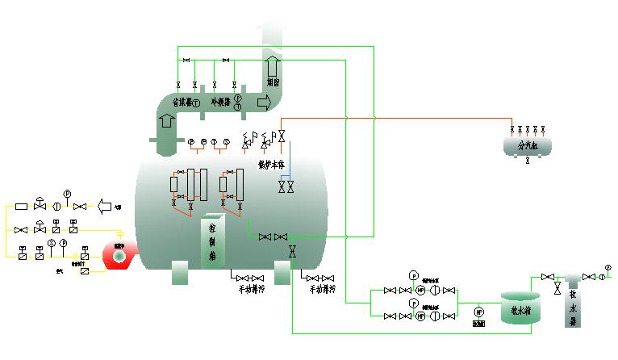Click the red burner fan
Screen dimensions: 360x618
tap(118, 256)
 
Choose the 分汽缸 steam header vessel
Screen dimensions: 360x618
tap(528, 145)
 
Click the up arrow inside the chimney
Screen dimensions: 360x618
tap(272, 62)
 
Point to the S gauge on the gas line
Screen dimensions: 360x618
tap(51, 243)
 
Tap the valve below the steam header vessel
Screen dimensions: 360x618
tap(528, 161)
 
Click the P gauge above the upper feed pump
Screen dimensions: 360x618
tap(414, 274)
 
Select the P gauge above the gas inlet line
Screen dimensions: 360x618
tap(68, 194)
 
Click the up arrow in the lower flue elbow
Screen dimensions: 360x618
tap(167, 121)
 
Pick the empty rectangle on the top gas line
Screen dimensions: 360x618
tap(22, 207)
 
